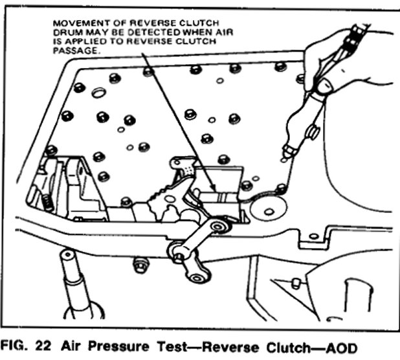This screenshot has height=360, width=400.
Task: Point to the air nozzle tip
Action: [x=285, y=157]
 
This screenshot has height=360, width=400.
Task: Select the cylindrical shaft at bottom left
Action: [x=77, y=278]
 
